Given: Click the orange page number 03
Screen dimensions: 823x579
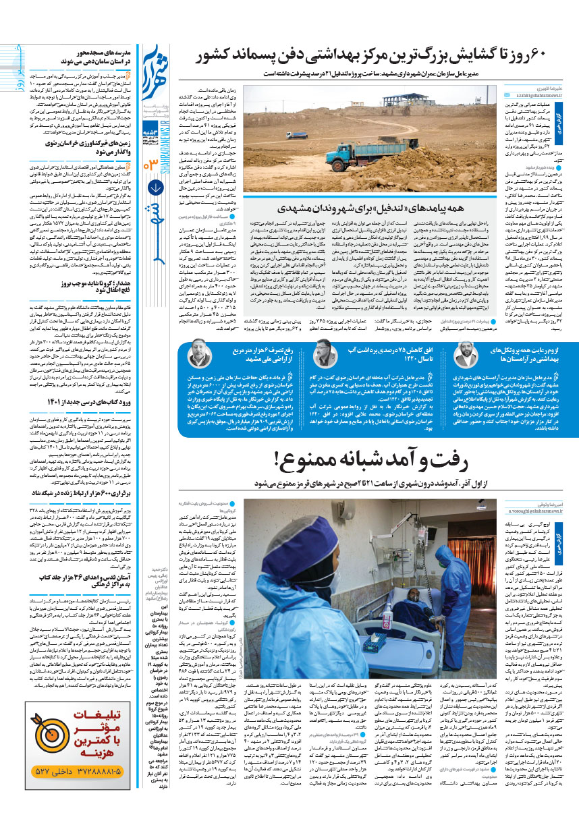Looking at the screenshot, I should [x=153, y=164].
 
